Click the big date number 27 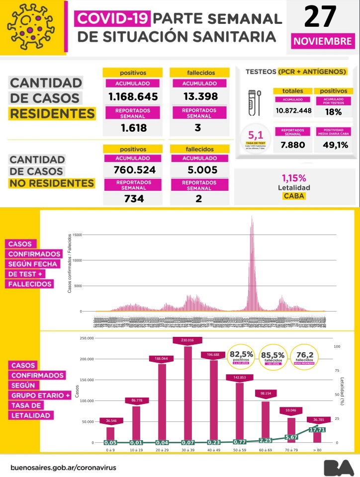pyautogui.click(x=321, y=17)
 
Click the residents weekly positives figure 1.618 pyautogui.click(x=133, y=128)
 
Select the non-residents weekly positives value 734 pyautogui.click(x=133, y=199)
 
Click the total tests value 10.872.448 pyautogui.click(x=293, y=110)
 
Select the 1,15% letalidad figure pyautogui.click(x=294, y=177)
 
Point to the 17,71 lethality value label pyautogui.click(x=317, y=429)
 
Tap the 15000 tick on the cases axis pyautogui.click(x=77, y=235)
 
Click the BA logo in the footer pyautogui.click(x=339, y=467)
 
